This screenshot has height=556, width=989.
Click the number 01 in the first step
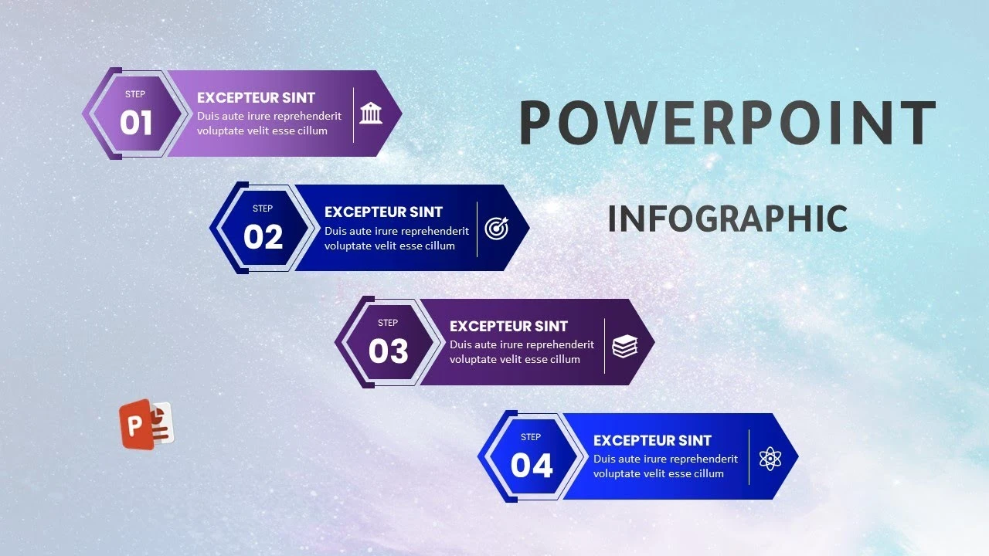136,122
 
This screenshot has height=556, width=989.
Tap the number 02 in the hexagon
263,236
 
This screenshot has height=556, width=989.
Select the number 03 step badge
389,351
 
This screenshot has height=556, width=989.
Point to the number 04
532,465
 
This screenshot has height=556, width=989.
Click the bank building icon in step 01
371,113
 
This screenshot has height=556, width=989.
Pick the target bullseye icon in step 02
497,228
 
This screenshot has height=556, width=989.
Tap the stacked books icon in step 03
625,346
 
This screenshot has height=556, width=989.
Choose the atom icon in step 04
770,459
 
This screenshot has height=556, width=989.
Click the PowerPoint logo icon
147,425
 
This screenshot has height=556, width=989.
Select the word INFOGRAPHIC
728,219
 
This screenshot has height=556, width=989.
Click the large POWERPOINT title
727,122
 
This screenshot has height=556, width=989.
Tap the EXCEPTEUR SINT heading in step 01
256,97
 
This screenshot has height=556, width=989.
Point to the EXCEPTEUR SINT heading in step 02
383,212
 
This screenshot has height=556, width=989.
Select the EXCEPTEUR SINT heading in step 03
508,326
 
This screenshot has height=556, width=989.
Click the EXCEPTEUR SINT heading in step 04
652,440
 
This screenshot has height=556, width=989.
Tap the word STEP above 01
135,94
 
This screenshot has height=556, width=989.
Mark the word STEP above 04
531,437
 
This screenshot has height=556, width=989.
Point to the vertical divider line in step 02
478,229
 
